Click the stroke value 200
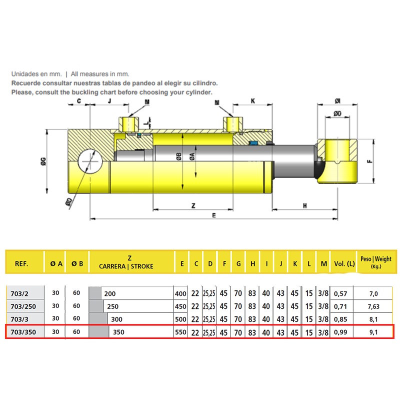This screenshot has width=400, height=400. (x=110, y=293)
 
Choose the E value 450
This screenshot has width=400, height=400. (x=180, y=306)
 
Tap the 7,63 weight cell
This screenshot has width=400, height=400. (x=373, y=306)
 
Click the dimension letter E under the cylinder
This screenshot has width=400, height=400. (x=213, y=215)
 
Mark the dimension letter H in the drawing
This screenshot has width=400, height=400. (x=304, y=205)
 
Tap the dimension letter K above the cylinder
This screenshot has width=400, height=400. (x=253, y=100)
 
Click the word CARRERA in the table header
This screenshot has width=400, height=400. (x=113, y=266)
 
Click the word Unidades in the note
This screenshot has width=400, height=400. (x=24, y=73)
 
